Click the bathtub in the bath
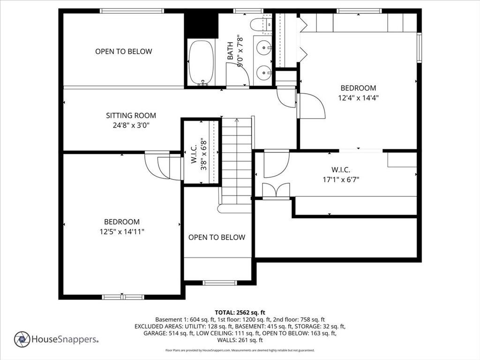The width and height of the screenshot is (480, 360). click(x=201, y=63)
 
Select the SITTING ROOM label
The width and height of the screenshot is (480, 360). click(x=131, y=115)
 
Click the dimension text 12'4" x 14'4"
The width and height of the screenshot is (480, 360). click(x=359, y=98)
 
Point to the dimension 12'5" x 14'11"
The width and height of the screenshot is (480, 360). click(x=122, y=232)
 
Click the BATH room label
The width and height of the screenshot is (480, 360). click(x=230, y=51)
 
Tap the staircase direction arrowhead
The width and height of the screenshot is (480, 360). click(x=237, y=120)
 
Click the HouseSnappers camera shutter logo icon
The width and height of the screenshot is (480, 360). click(x=22, y=339)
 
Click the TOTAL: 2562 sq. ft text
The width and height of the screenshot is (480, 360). click(x=240, y=313)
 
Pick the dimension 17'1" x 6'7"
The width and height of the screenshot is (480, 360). click(x=341, y=180)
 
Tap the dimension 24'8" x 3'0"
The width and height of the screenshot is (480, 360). click(x=131, y=125)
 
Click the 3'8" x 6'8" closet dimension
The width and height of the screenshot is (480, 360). click(x=203, y=155)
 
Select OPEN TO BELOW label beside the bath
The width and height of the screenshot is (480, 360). click(x=124, y=52)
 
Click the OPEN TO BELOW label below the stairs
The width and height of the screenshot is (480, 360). click(x=217, y=237)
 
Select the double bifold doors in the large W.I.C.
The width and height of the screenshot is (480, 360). click(x=276, y=190)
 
